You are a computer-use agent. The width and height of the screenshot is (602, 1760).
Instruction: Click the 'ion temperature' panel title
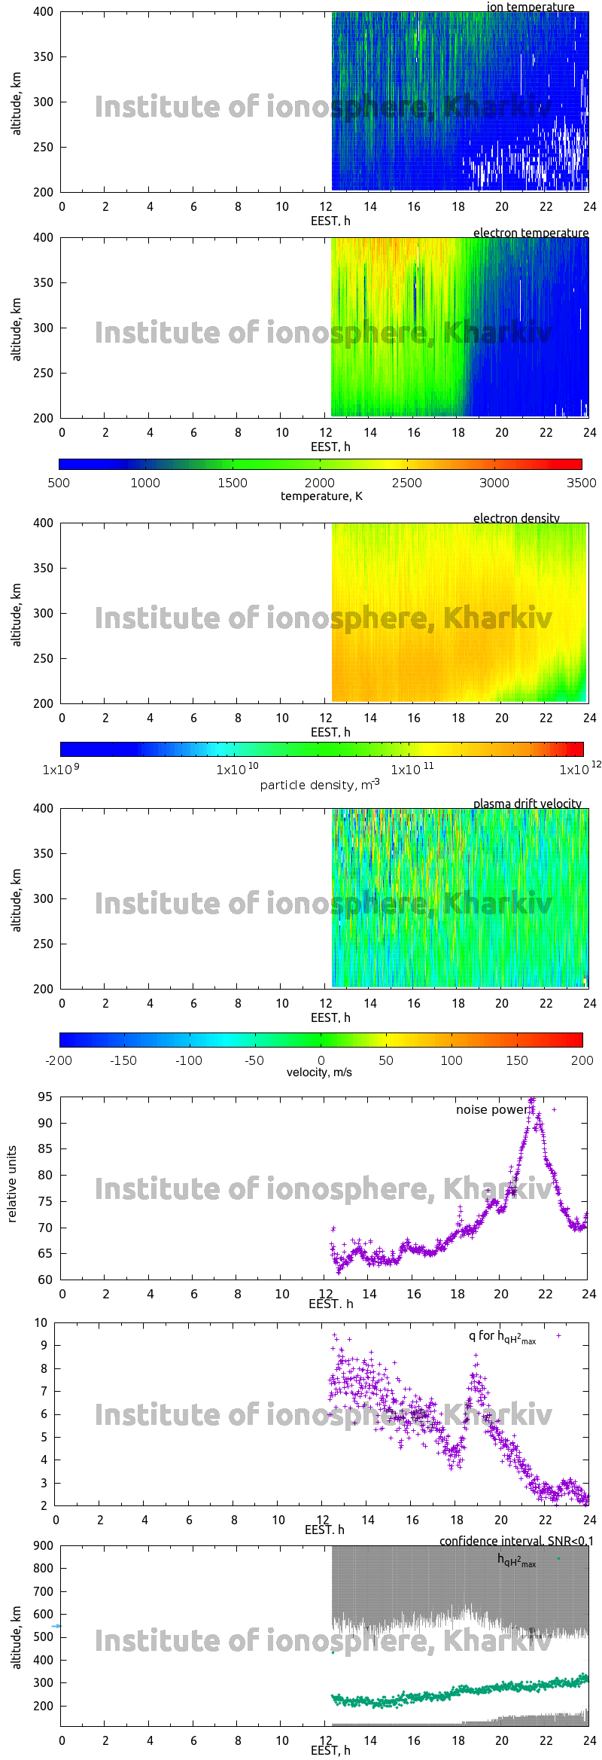(530, 7)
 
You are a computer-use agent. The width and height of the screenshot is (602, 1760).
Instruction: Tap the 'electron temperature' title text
(531, 233)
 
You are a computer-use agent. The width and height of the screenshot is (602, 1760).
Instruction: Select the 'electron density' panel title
(516, 518)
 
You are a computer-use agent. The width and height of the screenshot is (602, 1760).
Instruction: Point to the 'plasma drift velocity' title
(527, 804)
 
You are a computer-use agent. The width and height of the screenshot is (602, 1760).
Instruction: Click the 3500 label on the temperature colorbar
(582, 483)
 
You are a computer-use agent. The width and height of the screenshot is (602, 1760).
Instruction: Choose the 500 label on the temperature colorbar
(59, 483)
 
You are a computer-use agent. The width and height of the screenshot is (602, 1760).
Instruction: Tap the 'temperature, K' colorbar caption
(321, 496)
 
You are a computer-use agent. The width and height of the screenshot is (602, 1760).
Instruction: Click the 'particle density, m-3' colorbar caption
(320, 784)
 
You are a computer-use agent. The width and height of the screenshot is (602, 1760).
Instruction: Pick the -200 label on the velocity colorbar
(59, 1060)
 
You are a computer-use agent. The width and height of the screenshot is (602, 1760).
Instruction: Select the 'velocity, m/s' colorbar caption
(319, 1072)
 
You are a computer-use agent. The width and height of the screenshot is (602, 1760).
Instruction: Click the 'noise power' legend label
(491, 1109)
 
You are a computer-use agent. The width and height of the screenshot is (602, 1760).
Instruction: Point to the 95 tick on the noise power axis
(45, 1097)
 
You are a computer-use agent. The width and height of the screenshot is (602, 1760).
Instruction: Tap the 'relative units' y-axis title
(12, 1184)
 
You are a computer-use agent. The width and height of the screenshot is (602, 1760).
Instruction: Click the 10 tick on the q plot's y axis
(41, 1322)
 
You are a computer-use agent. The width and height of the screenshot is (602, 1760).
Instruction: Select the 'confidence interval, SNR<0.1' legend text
(516, 1541)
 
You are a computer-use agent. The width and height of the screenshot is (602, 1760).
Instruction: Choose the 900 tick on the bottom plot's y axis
(44, 1545)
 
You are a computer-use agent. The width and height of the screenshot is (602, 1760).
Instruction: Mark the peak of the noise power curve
(532, 1100)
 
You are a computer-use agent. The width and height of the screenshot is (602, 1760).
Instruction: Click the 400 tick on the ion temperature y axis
(44, 12)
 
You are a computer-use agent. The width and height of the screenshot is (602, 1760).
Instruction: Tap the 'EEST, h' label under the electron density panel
(330, 732)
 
